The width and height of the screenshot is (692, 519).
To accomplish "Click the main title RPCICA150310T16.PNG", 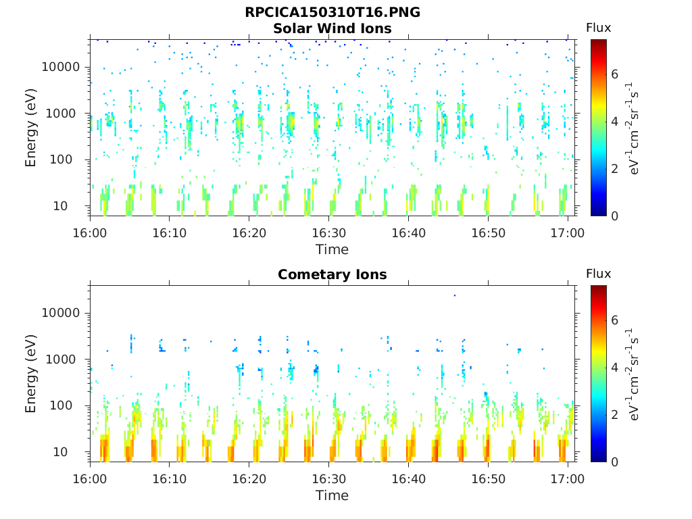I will coord(332,13).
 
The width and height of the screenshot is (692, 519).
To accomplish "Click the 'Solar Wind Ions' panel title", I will coord(332,28).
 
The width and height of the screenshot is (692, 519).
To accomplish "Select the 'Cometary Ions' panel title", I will coord(332,274).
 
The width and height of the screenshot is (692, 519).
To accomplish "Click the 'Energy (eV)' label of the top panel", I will coord(31,128).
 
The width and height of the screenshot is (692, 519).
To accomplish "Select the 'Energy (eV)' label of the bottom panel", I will coord(31,374).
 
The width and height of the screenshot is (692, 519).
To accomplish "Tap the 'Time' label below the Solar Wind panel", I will coord(332,249).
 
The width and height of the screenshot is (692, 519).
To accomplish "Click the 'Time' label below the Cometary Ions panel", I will coord(332,495).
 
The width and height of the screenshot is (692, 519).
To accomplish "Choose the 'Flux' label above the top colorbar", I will coord(598,28).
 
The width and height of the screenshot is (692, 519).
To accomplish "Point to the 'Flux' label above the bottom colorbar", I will coord(598,274).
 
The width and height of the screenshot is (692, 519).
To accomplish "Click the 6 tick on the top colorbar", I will coord(615,74).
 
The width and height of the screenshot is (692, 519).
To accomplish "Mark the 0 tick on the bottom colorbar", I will coord(615,462).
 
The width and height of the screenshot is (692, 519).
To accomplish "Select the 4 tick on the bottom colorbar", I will coord(615,368).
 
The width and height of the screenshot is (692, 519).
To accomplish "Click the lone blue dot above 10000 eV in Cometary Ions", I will coord(455,295).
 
